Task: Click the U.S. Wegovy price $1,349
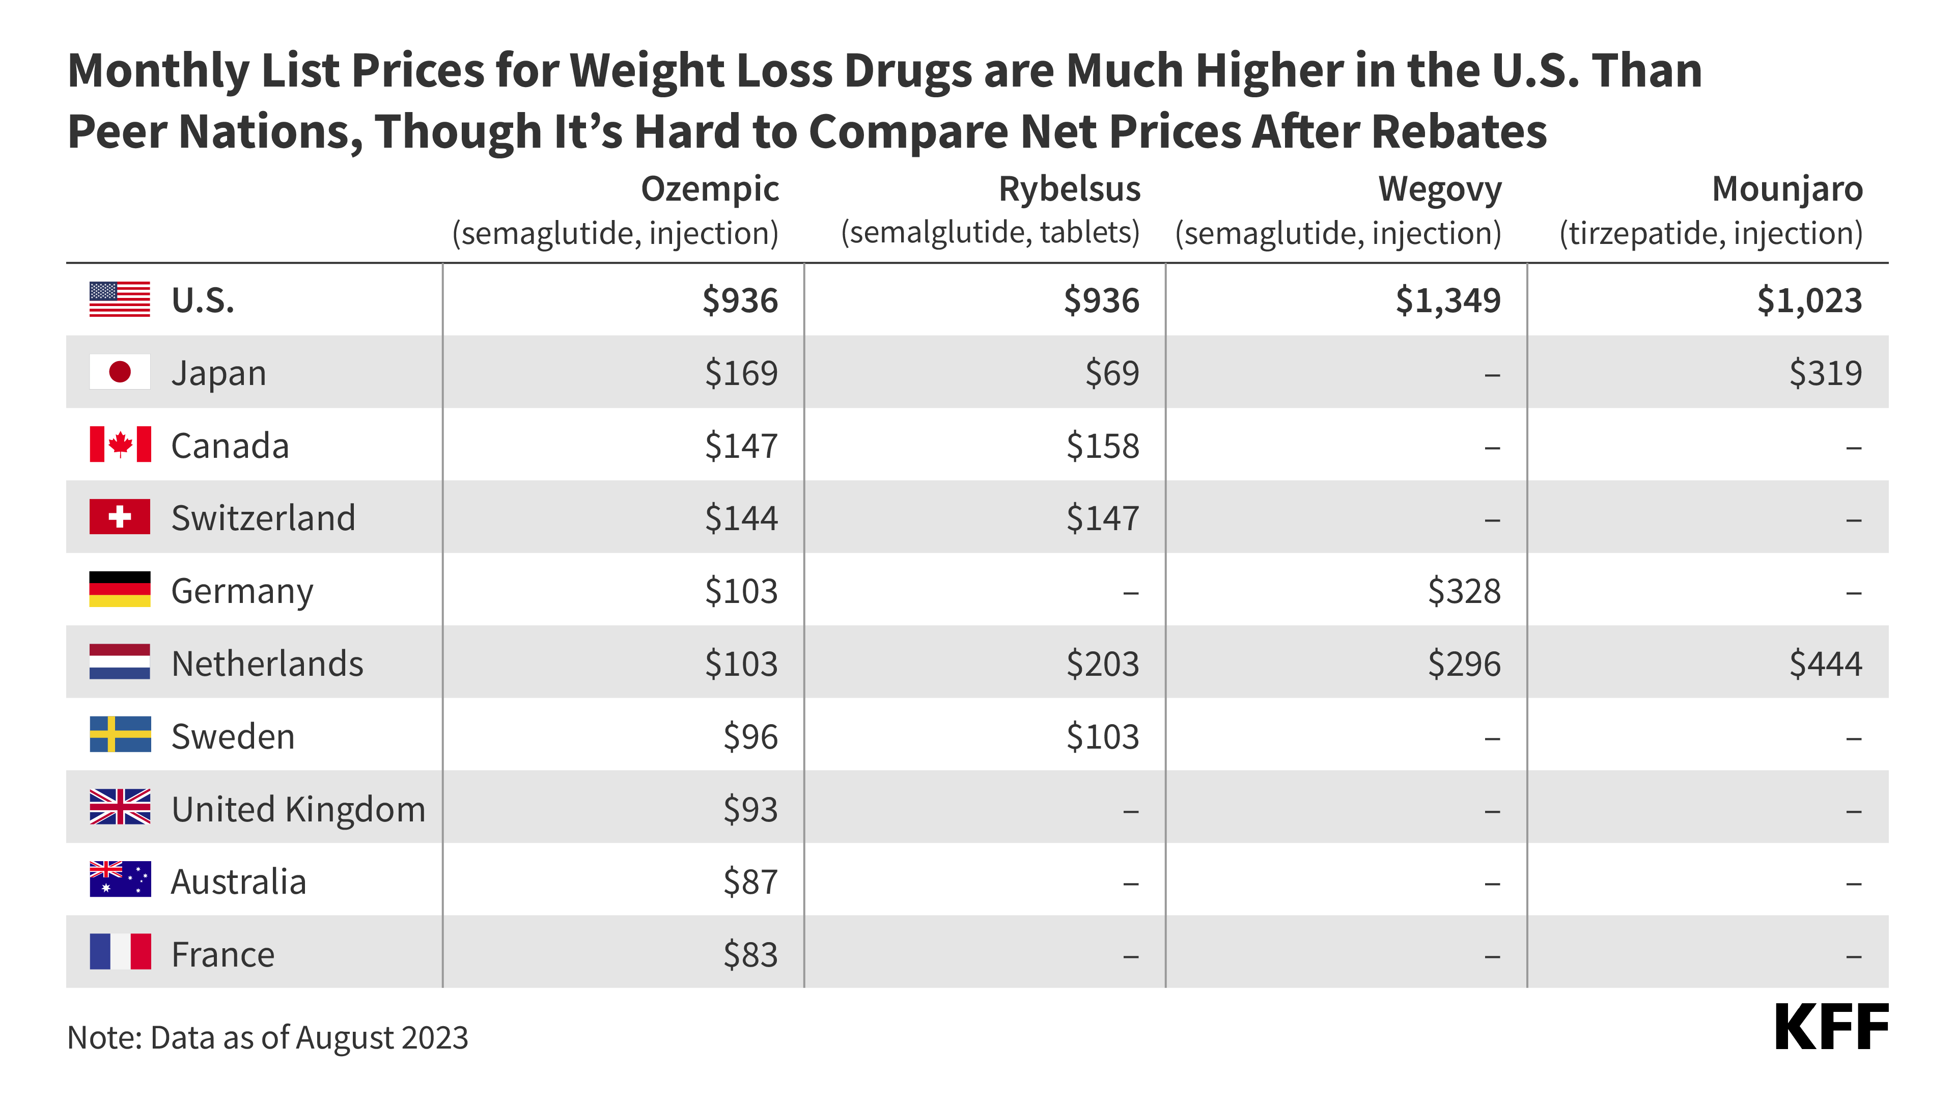[x=1447, y=300]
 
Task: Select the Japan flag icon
[x=120, y=372]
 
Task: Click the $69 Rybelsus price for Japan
[x=1112, y=373]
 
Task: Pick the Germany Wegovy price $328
[x=1464, y=591]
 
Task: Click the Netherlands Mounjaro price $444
[x=1825, y=664]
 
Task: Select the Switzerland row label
[x=263, y=518]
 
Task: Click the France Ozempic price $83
[x=750, y=954]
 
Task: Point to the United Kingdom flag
[x=120, y=807]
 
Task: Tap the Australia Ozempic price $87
[x=750, y=882]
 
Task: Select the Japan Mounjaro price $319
[x=1825, y=373]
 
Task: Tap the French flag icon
[x=120, y=952]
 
